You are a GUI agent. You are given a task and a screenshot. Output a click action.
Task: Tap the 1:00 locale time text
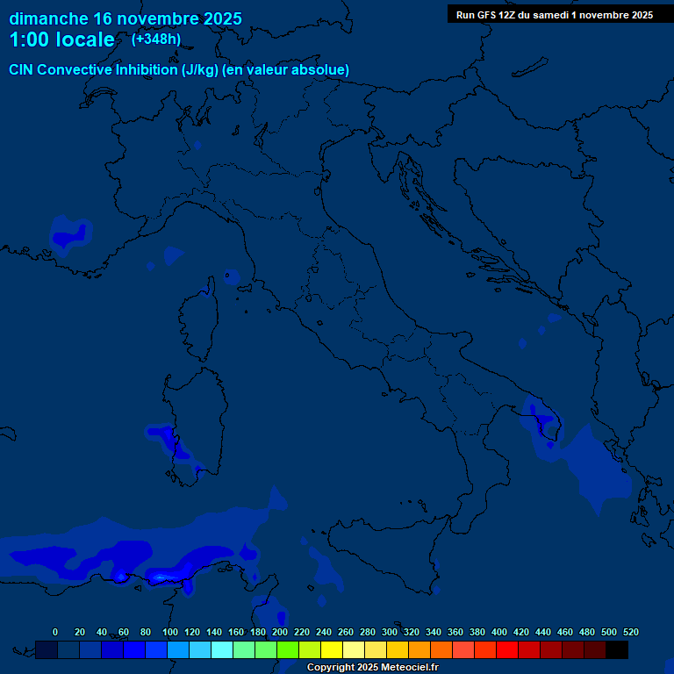[61, 39]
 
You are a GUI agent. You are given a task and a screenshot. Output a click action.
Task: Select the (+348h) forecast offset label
[155, 39]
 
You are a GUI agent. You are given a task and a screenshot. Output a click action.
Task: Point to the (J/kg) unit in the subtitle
[201, 69]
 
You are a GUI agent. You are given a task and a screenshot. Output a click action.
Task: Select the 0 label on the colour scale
[55, 632]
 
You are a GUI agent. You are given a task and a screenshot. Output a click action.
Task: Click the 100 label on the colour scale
[170, 632]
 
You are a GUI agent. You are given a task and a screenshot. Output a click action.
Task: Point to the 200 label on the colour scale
[280, 632]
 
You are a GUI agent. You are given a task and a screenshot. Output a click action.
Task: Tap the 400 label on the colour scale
[499, 632]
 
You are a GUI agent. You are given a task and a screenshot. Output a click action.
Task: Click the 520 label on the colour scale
[631, 632]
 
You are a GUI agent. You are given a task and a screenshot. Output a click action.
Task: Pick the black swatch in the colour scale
[617, 649]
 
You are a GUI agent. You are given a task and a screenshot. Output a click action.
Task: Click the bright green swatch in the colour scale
[288, 649]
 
